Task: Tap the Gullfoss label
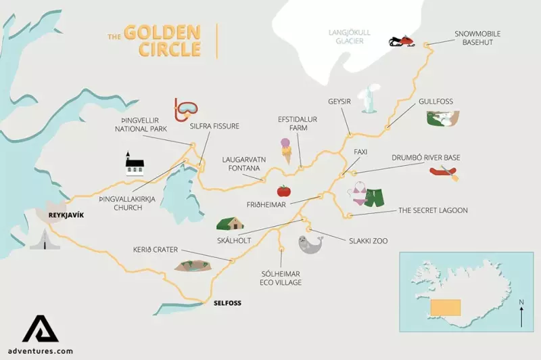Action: coord(436,102)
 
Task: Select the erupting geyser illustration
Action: coord(369,100)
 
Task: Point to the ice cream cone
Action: coord(287,150)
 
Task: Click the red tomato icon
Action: coord(284,191)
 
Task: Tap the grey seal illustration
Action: coord(310,244)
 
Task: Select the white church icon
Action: coord(135,164)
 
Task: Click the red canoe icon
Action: coord(444,173)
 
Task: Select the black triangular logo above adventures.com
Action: coord(41,328)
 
